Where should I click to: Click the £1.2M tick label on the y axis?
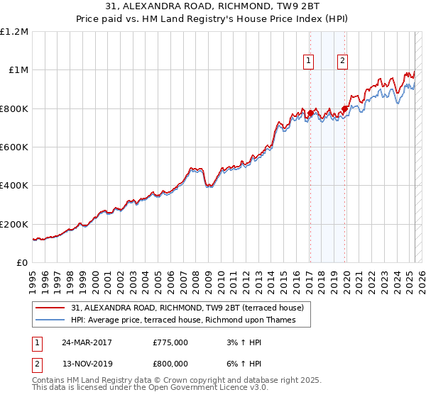point(14,31)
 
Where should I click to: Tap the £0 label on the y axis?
point(22,262)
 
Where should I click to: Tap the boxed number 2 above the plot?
point(342,62)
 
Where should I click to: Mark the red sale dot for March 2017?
point(310,113)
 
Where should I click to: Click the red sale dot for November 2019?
point(344,108)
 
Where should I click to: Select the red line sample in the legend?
point(51,308)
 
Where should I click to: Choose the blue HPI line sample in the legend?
point(51,320)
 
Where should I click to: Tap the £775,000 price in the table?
point(170,342)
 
